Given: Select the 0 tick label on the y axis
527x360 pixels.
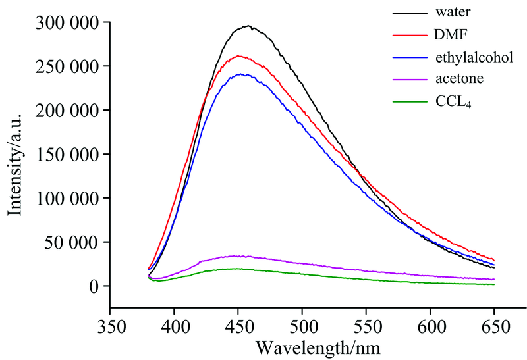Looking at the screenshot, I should [x=95, y=286].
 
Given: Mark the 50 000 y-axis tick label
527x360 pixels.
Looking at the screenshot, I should [x=68, y=242].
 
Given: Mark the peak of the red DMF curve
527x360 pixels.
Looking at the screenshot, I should [x=238, y=56].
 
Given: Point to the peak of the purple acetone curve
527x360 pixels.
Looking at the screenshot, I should [x=234, y=256].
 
